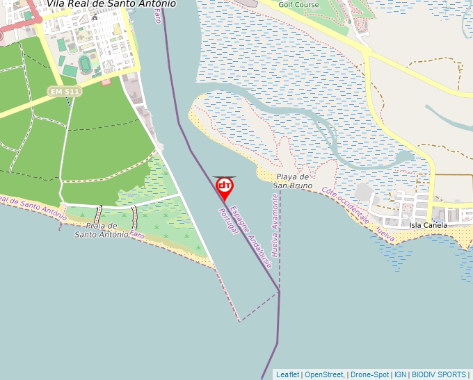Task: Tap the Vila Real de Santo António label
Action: point(111,4)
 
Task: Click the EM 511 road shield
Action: point(64,92)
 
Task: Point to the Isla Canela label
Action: point(428,225)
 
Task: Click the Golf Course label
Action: point(298,5)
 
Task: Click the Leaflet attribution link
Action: point(287,374)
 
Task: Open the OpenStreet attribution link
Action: point(324,374)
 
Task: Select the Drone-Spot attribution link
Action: point(369,374)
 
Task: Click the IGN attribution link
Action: point(401,374)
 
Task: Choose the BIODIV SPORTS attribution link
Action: point(440,374)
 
